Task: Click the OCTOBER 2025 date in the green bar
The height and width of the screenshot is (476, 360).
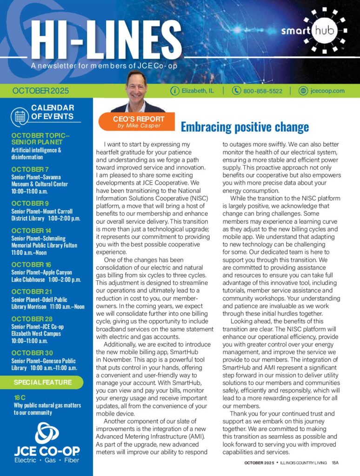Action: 40,91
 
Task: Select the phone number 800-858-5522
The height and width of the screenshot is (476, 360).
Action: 263,91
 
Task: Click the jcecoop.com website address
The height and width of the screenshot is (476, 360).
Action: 327,91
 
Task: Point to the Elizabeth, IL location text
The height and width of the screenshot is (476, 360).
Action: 198,91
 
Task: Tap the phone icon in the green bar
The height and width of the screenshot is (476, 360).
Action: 236,91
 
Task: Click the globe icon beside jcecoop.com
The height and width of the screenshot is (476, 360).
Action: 303,91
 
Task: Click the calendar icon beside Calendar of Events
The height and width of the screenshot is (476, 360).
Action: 20,116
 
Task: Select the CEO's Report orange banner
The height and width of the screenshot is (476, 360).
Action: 138,121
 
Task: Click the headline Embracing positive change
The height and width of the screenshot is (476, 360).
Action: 244,126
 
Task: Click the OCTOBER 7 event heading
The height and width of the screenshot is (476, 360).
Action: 30,169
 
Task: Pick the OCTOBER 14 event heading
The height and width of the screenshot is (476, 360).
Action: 32,231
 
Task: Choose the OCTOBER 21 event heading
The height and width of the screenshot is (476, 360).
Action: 31,292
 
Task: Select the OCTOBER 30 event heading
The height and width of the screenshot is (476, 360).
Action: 32,353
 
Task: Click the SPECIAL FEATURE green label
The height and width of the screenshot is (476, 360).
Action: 43,383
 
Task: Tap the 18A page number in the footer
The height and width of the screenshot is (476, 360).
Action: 335,463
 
